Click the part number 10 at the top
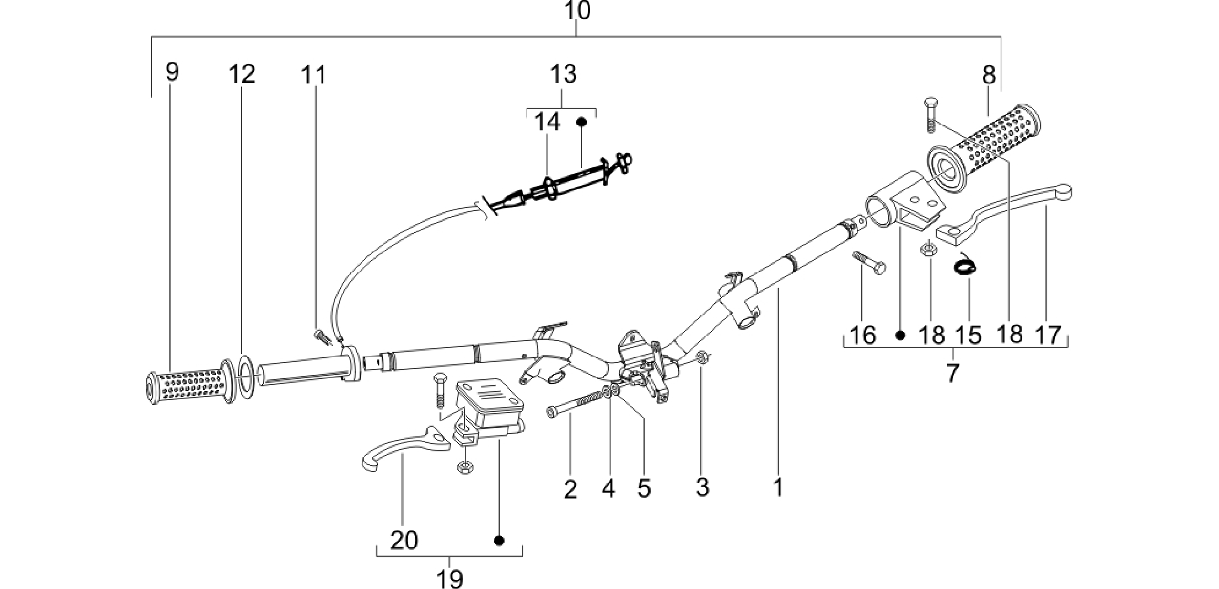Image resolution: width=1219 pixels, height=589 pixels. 576,11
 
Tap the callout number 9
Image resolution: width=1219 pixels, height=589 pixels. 172,72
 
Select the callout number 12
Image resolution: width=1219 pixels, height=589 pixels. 242,73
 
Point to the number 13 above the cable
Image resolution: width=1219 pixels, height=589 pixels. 563,74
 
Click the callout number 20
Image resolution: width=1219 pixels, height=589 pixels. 404,540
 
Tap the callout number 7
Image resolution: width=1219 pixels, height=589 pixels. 952,373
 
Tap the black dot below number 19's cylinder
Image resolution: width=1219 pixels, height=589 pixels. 500,540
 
